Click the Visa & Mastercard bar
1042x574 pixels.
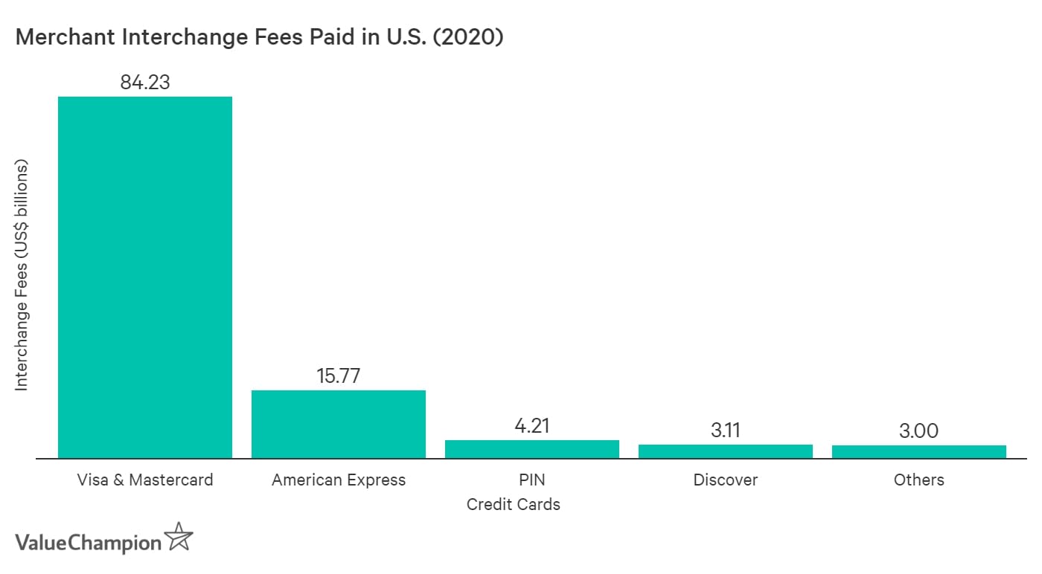145,277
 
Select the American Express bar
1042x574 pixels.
339,424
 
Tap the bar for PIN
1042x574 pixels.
532,449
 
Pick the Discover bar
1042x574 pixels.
726,451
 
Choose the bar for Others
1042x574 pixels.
919,452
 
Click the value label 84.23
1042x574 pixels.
145,82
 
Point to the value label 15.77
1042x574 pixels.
339,375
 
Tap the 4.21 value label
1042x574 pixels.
532,425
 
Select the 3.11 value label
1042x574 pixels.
726,430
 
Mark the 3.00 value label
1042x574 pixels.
919,430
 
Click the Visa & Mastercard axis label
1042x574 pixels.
145,480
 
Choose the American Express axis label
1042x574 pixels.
339,480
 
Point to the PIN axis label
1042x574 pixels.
532,480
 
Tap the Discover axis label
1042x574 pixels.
726,480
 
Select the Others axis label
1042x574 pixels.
919,480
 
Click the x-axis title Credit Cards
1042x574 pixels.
514,504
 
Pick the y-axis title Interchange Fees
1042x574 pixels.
22,275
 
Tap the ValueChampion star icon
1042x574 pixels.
179,537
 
